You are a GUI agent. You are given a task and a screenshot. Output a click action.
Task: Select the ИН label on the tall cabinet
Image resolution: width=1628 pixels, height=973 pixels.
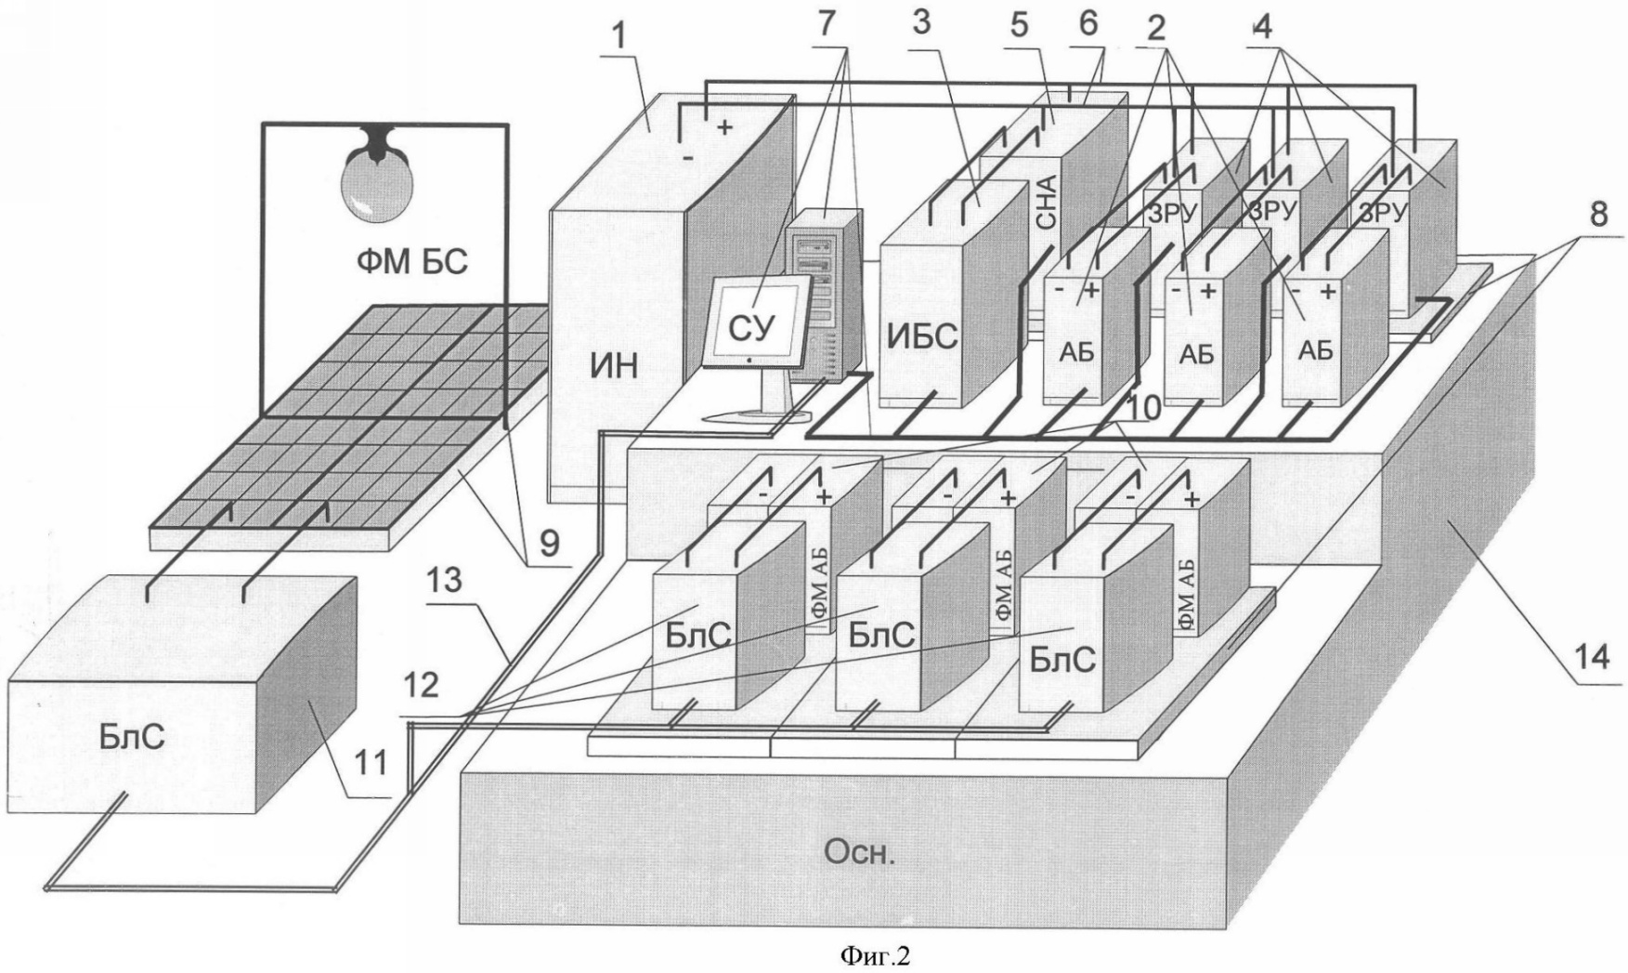click(613, 367)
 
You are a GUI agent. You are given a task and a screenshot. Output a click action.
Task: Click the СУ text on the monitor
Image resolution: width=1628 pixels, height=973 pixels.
click(751, 328)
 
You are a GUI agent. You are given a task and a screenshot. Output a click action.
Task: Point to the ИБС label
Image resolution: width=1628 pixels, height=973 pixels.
click(921, 336)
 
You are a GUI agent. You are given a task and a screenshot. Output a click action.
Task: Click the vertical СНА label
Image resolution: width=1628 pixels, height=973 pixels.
click(1046, 204)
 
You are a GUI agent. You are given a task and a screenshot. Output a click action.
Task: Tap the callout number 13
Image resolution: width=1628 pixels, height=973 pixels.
click(445, 582)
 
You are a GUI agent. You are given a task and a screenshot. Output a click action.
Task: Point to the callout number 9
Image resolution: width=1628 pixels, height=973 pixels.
click(549, 545)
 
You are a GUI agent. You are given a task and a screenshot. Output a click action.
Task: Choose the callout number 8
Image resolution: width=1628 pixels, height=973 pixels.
click(1597, 214)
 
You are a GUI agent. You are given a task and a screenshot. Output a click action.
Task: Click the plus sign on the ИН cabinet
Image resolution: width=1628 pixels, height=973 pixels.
click(723, 126)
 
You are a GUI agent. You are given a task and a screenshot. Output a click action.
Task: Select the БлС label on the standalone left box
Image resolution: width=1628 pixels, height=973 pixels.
click(131, 738)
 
